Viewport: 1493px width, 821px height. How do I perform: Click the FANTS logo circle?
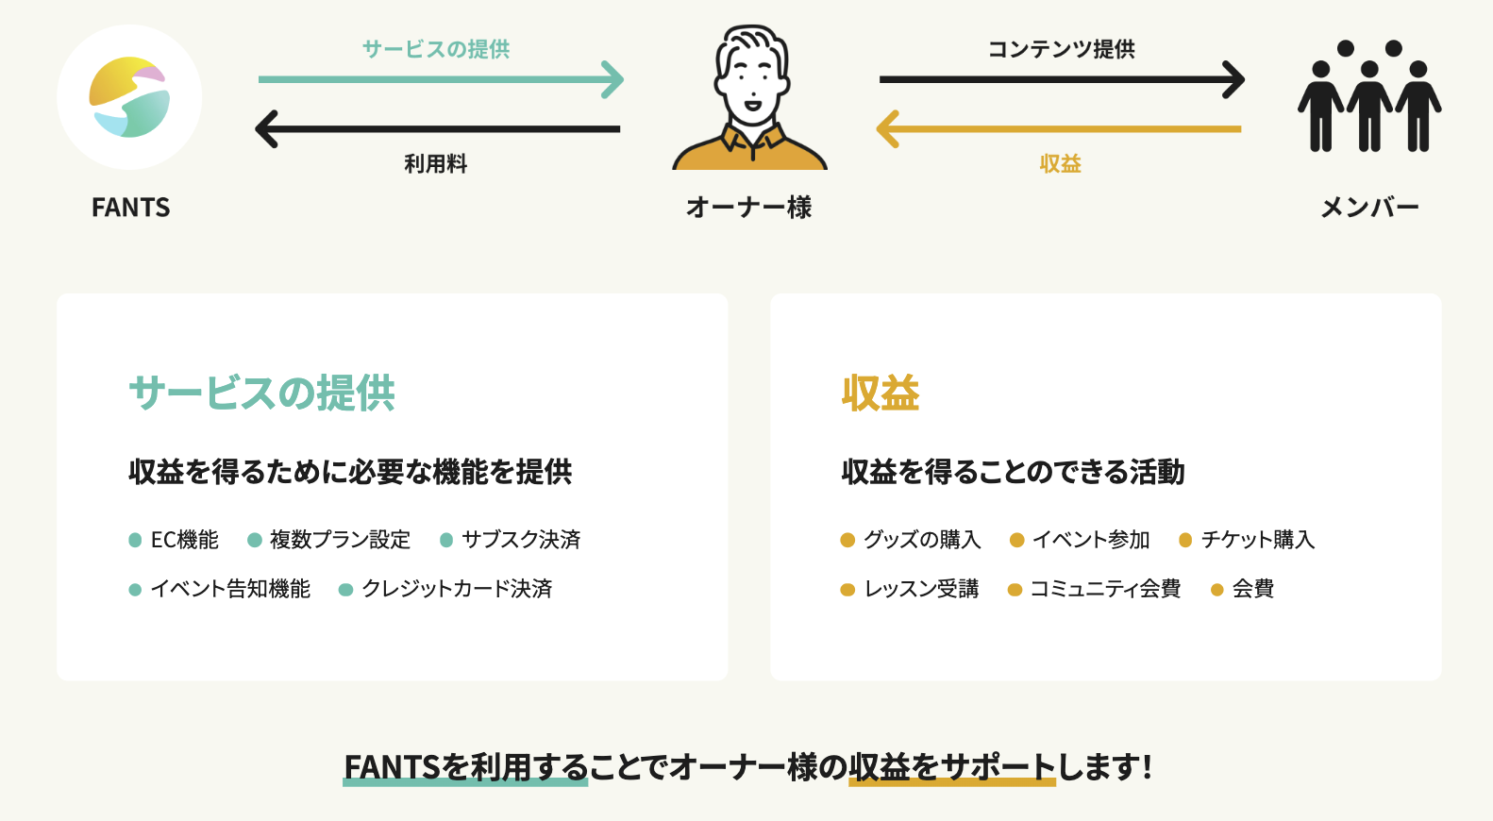[129, 97]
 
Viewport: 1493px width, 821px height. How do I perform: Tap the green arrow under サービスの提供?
[442, 79]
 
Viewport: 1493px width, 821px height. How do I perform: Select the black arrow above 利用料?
[438, 129]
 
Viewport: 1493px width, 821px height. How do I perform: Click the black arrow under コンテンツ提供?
[1063, 79]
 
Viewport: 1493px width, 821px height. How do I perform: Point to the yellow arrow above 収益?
[1059, 129]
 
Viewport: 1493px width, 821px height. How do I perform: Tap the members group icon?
[1369, 96]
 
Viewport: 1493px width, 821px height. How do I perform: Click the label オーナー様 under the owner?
[749, 208]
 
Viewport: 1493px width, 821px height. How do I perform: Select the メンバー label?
[1369, 208]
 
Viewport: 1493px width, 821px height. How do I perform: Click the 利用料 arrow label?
[436, 164]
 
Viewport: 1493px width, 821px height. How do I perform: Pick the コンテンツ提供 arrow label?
[1061, 49]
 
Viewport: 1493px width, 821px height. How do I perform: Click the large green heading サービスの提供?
[262, 393]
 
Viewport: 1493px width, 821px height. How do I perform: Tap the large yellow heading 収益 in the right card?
[881, 393]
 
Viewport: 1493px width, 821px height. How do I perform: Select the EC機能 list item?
[185, 540]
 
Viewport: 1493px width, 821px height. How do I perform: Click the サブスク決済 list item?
[521, 540]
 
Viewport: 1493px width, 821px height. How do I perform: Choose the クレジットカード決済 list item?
[457, 589]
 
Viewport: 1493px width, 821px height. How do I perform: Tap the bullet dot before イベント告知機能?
[135, 590]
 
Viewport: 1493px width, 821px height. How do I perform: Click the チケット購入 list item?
[1258, 540]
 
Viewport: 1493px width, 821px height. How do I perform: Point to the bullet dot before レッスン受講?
[847, 590]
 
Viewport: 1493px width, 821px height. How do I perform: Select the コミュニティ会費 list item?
[1106, 589]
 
